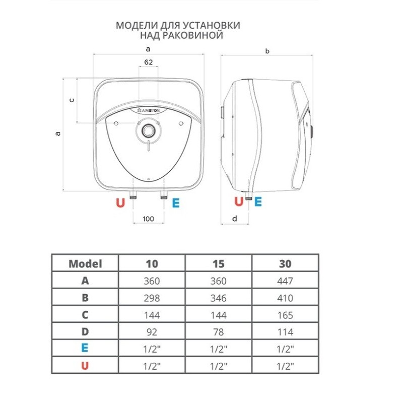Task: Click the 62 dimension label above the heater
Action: (x=148, y=62)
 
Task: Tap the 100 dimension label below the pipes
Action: (x=148, y=219)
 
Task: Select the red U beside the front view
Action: (x=120, y=203)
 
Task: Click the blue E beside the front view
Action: (x=176, y=203)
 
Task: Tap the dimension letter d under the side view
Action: (x=235, y=218)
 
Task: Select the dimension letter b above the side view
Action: (x=267, y=51)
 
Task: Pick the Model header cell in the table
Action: (x=85, y=263)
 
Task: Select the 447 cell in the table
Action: (x=285, y=281)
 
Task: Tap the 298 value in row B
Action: (x=152, y=298)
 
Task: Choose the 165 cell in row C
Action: (x=285, y=315)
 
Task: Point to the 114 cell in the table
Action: (x=285, y=332)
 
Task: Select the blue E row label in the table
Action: (x=85, y=349)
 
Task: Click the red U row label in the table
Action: (x=85, y=366)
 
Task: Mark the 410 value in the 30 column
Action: (x=285, y=298)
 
